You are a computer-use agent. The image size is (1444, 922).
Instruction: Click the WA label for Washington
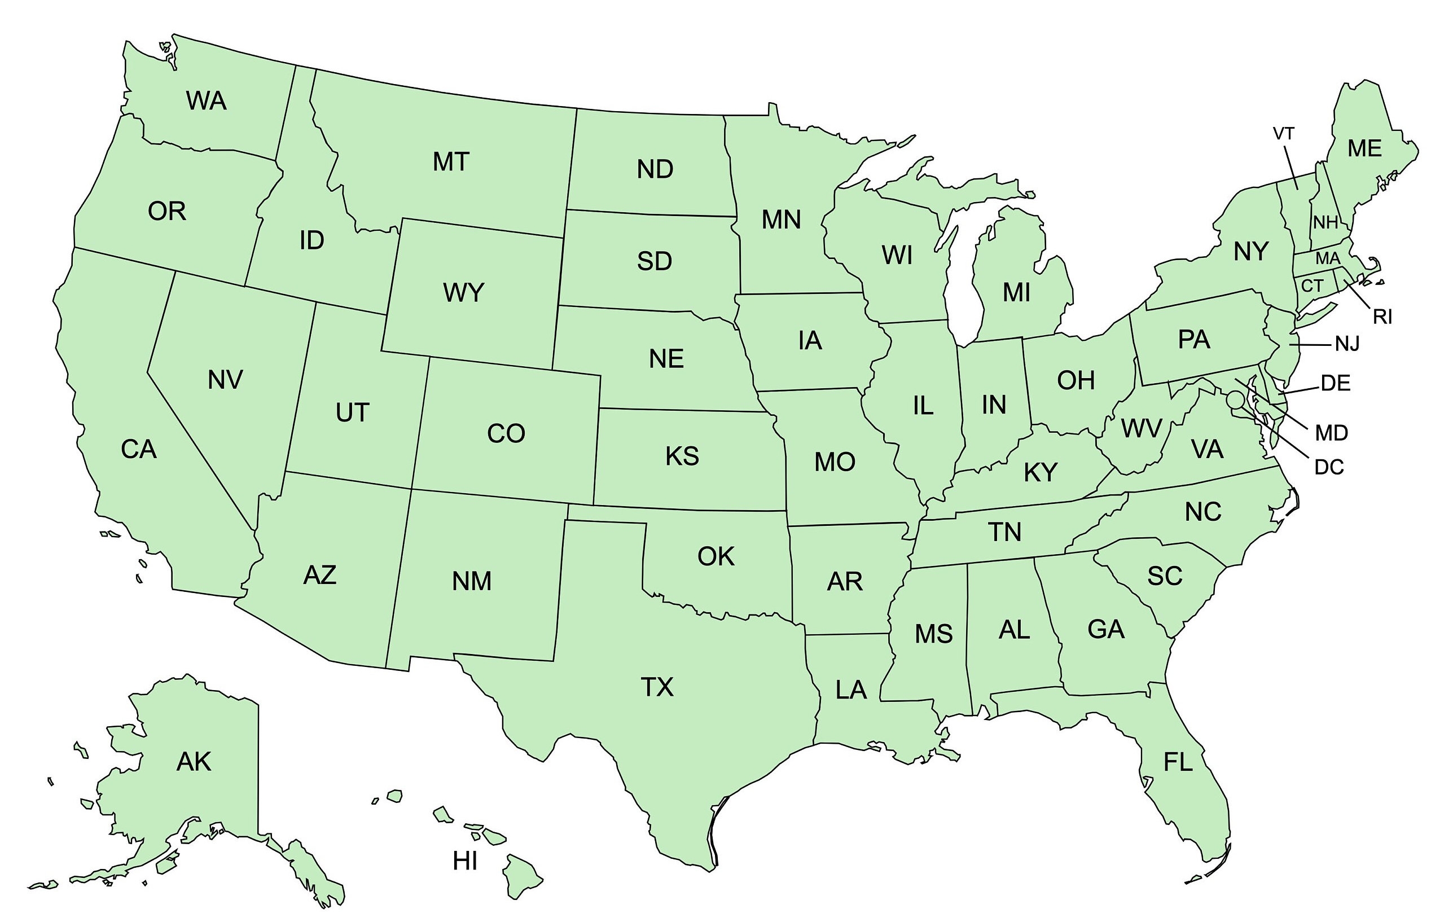207,100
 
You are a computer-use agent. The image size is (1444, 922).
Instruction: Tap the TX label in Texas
657,687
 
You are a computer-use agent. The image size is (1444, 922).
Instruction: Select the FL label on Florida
1178,762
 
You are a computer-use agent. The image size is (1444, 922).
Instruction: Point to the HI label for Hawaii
465,861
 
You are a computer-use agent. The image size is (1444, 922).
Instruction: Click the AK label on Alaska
194,761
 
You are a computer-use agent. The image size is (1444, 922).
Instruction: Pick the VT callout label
1283,134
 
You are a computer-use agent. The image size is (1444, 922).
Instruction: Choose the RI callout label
1382,317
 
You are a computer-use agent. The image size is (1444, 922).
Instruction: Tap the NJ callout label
1347,344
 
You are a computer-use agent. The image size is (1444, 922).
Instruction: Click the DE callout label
1336,383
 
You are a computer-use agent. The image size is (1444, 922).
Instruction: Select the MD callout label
1331,432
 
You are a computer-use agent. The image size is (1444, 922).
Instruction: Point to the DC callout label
1329,467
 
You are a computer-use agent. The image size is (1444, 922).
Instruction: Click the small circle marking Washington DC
1235,399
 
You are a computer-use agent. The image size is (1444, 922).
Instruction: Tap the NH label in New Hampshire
1326,223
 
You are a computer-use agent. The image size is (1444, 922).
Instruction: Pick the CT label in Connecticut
1311,286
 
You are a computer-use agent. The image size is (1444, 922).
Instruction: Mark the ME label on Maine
1364,148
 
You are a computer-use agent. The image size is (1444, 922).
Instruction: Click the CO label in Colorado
506,433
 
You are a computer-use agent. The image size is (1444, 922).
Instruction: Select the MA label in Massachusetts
1328,259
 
